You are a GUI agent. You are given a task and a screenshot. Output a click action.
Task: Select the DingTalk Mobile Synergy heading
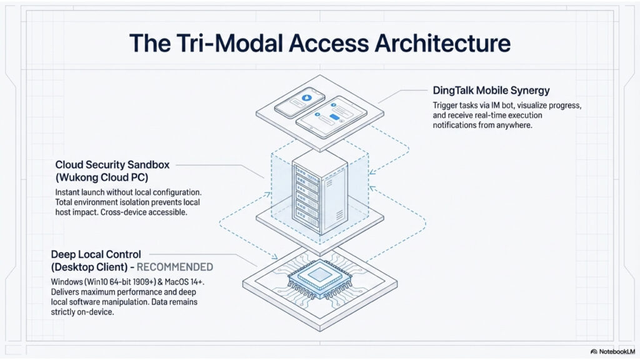(x=491, y=91)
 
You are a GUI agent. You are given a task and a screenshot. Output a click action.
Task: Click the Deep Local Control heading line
(x=97, y=254)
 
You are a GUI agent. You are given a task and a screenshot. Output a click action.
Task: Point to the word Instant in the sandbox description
(x=68, y=192)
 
